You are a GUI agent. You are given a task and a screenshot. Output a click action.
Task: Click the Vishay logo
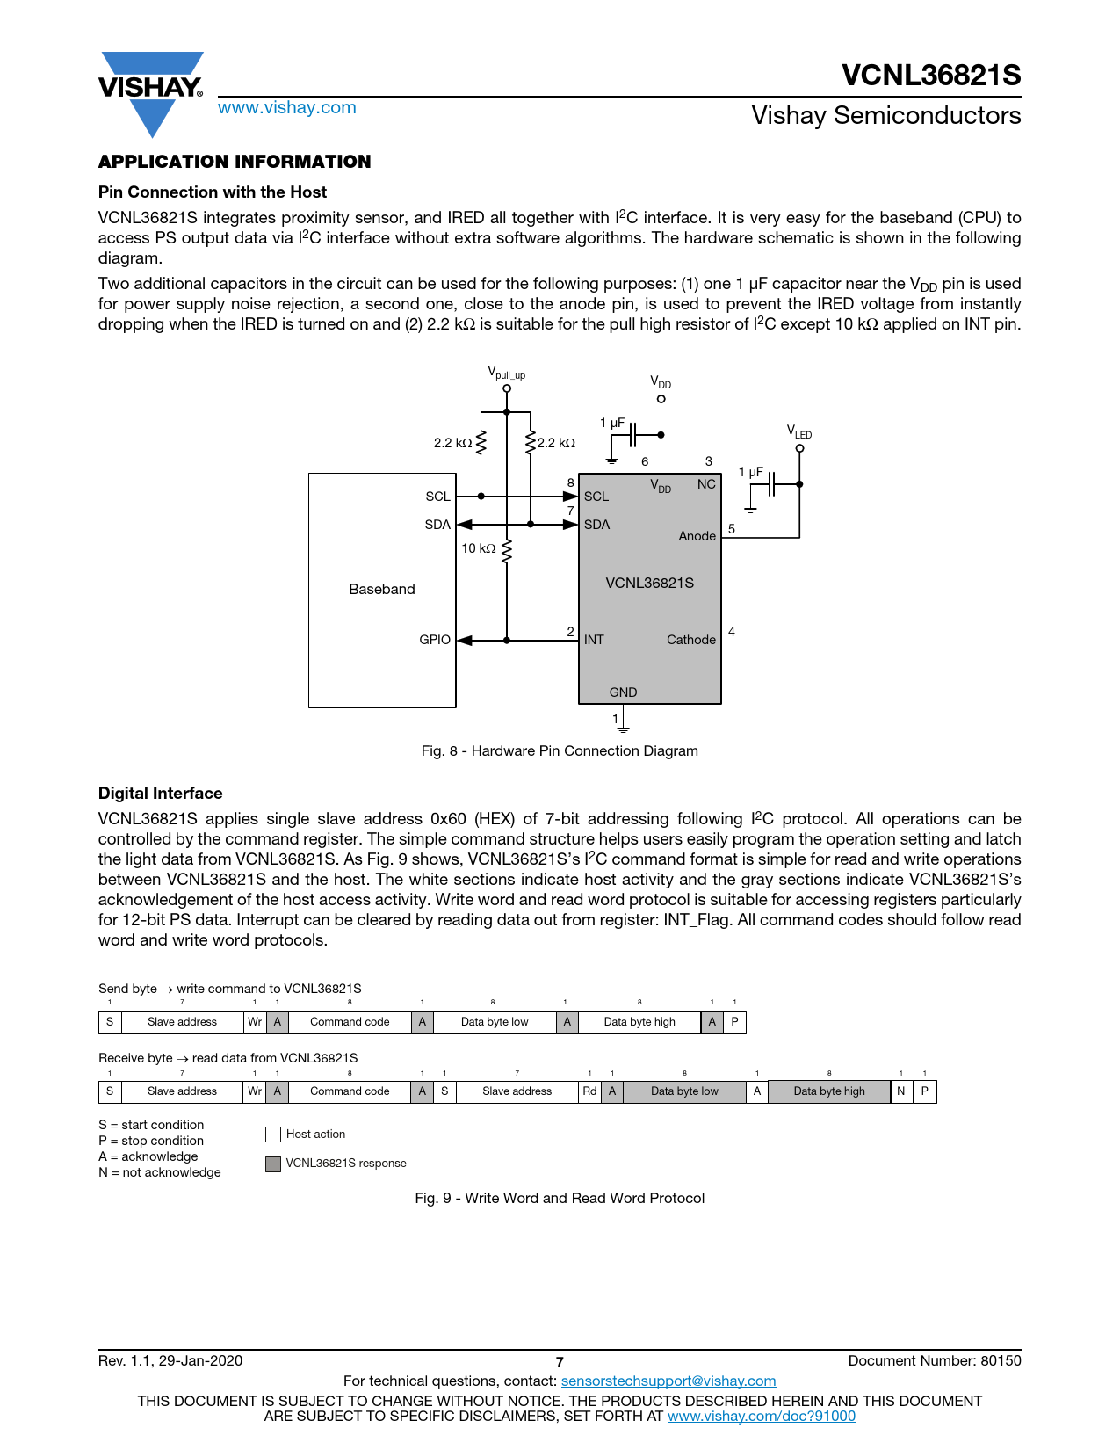point(151,92)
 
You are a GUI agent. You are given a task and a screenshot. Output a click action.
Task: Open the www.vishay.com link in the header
point(287,108)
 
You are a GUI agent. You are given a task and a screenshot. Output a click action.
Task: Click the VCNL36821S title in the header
point(931,76)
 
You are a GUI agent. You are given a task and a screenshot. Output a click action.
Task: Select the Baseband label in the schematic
point(382,590)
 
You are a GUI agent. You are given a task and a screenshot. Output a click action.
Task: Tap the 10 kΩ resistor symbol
point(507,549)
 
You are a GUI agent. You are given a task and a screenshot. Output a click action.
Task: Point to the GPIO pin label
point(435,640)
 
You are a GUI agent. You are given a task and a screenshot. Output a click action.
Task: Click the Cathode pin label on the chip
point(690,640)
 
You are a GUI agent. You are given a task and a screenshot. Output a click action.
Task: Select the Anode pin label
point(697,536)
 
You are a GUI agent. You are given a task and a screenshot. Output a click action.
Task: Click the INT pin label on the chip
point(594,640)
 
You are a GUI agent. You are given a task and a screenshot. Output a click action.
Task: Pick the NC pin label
point(706,484)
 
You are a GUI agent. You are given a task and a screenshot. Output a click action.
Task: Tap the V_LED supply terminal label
point(798,431)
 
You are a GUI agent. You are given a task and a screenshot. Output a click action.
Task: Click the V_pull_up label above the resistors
point(506,373)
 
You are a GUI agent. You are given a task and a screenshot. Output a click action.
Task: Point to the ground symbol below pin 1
point(623,727)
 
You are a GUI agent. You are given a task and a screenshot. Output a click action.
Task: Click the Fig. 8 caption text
point(560,751)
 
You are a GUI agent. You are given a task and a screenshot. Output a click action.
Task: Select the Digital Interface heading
point(161,794)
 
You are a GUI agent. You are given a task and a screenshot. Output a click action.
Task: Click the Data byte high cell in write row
point(639,1022)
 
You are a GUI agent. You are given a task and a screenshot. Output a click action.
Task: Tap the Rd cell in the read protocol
point(589,1091)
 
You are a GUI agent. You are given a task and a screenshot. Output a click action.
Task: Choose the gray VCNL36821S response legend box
point(273,1164)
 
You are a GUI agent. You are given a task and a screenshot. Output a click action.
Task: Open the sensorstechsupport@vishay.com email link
point(668,1381)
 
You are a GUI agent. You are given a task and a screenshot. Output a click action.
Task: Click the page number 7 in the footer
point(560,1362)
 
